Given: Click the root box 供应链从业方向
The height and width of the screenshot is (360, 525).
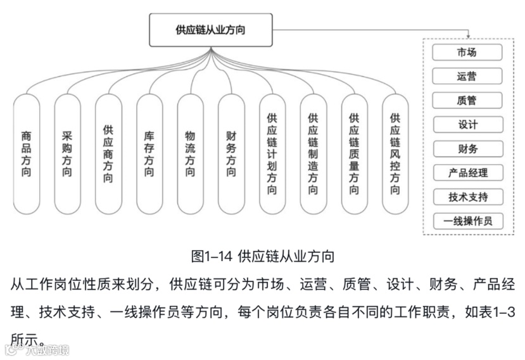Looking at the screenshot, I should click(210, 30).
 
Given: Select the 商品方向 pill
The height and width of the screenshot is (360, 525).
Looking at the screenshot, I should click(27, 153).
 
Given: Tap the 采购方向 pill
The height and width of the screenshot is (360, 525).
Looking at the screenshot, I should click(68, 153).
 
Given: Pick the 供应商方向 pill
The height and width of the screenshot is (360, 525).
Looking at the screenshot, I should click(109, 153).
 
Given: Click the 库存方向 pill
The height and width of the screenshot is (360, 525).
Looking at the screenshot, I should click(149, 153).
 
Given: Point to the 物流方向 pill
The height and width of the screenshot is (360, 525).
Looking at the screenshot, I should click(191, 153).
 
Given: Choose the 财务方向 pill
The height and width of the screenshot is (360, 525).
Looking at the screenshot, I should click(231, 153).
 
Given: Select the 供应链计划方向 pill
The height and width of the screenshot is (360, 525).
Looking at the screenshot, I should click(272, 153).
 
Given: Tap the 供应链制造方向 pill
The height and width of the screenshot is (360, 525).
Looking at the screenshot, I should click(313, 153).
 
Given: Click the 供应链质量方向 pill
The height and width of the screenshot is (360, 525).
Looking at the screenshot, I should click(354, 153).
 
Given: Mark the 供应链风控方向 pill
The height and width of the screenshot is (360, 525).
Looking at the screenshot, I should click(395, 153).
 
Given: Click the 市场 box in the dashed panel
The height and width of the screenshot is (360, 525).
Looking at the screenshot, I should click(467, 53).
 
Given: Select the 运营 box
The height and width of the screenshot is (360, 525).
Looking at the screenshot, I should click(467, 77).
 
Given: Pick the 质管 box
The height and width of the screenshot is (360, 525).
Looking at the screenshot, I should click(467, 101).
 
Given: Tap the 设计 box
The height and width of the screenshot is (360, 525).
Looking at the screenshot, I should click(467, 125).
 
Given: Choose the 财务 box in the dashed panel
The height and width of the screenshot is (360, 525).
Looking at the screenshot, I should click(467, 149).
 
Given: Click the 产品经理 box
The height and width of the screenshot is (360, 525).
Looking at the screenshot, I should click(467, 173).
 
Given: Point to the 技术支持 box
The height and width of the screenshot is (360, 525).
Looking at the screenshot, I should click(467, 197).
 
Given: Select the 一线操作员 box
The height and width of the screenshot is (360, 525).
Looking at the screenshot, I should click(467, 221).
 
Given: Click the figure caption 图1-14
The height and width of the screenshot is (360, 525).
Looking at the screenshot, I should click(262, 256).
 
